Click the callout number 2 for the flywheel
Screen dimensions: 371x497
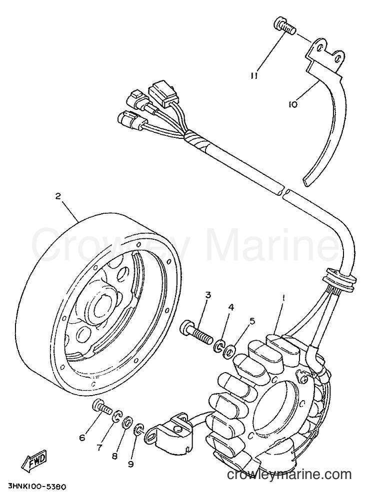[57, 196]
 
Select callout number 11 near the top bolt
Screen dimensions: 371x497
[253, 77]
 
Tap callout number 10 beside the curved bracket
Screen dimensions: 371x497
[292, 104]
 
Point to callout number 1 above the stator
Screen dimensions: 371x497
[283, 298]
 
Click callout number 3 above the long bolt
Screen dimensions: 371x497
[208, 295]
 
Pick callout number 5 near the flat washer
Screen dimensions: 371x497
[252, 321]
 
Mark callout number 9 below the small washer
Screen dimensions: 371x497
[131, 464]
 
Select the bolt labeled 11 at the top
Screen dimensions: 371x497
[284, 26]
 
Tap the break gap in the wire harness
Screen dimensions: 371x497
[284, 192]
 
